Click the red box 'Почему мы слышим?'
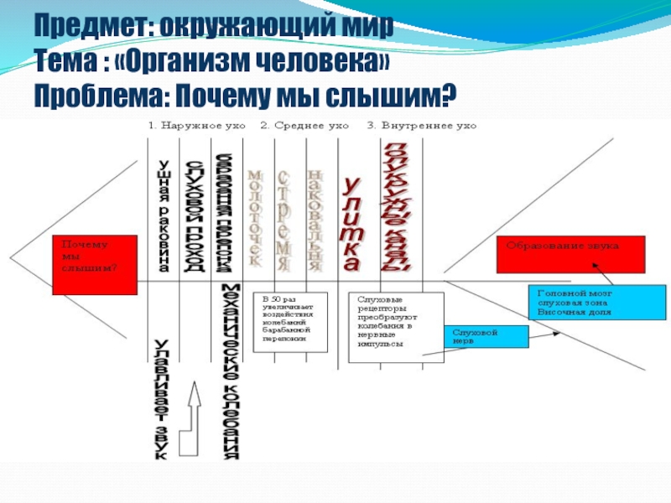point(95,264)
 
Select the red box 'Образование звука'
point(571,255)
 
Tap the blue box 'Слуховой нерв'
point(486,336)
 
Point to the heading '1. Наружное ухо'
point(197,126)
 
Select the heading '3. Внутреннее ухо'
point(422,126)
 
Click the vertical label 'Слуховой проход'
point(194,215)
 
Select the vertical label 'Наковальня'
point(315,219)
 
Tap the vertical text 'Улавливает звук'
point(163,399)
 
